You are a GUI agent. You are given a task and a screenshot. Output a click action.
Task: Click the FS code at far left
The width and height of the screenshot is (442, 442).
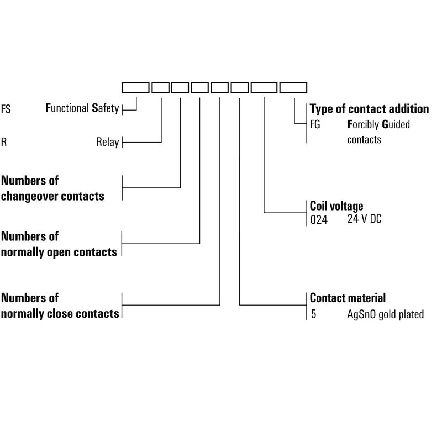[6, 109]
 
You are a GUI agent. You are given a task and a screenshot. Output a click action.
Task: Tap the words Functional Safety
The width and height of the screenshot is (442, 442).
[82, 108]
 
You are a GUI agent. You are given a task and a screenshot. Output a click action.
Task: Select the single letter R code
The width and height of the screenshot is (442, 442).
[4, 142]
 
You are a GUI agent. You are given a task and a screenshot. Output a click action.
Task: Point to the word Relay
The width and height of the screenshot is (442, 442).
[107, 142]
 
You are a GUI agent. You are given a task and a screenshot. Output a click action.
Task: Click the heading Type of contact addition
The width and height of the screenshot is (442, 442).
[369, 109]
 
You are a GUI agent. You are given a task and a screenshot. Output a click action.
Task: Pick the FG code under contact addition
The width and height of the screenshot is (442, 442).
[315, 124]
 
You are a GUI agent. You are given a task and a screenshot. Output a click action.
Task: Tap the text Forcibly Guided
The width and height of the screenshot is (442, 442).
[378, 124]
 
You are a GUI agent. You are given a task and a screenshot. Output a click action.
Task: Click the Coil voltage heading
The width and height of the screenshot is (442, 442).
[336, 206]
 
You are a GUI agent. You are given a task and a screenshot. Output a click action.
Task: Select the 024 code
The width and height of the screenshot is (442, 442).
[319, 219]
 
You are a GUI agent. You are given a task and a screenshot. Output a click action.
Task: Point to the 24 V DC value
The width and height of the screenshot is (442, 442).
[364, 219]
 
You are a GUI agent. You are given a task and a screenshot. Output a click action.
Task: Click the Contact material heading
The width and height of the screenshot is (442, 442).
[348, 298]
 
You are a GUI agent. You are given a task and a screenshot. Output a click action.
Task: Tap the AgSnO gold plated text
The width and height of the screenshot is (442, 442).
[382, 314]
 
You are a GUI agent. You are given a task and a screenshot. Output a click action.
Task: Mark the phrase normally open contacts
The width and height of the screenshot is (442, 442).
[59, 252]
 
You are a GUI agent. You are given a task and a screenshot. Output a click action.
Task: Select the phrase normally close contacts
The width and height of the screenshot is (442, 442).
[60, 313]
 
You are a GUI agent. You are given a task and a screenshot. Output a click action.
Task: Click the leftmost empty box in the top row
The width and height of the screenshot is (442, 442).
[135, 87]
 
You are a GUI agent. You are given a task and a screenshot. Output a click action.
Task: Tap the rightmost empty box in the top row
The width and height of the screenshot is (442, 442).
[293, 87]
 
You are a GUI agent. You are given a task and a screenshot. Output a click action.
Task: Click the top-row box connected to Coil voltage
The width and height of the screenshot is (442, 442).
[264, 87]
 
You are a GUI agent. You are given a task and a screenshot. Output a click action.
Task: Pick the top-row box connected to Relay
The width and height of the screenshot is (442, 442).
[160, 87]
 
